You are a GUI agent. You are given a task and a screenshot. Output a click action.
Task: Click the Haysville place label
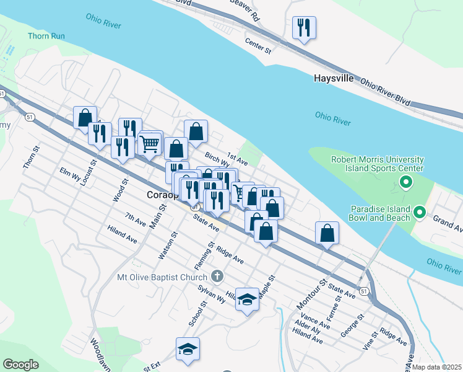click(334, 79)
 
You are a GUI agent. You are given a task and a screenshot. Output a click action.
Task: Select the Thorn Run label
click(46, 36)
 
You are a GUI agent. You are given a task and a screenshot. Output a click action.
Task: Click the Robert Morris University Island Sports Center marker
click(406, 182)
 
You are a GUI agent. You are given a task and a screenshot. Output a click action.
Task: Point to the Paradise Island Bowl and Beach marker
click(420, 213)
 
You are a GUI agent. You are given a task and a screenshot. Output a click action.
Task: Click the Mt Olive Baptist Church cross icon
click(217, 275)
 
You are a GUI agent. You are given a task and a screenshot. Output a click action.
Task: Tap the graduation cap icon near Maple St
click(247, 300)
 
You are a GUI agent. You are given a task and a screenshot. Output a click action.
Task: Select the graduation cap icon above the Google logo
click(188, 349)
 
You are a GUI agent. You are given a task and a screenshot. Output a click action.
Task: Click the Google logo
click(20, 365)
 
